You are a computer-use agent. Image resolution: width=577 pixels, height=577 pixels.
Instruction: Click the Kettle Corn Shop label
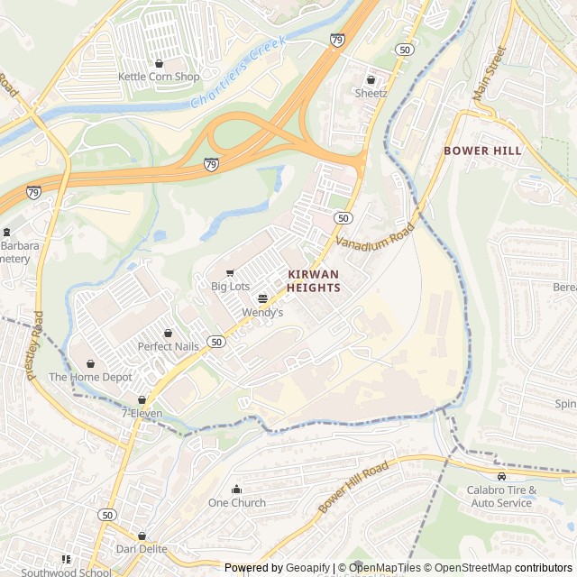coord(159,77)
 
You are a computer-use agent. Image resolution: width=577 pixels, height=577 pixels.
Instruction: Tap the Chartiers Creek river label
coord(238,73)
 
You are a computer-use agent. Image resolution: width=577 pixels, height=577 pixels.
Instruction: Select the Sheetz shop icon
coord(371,79)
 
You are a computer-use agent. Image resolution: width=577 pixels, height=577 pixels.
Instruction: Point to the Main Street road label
coord(498,73)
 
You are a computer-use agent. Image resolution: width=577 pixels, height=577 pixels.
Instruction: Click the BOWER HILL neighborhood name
coord(482,151)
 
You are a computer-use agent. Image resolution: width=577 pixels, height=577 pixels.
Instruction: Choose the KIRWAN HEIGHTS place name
coord(314,280)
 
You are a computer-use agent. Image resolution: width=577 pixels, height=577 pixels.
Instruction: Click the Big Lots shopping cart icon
coord(230,273)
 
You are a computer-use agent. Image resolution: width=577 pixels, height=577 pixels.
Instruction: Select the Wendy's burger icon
coord(262,298)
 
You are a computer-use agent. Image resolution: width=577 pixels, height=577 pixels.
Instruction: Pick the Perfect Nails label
coord(168,346)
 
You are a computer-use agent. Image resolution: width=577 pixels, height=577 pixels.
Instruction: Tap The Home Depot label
coord(90,377)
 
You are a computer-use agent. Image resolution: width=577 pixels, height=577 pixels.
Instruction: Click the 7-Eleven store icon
coord(142,399)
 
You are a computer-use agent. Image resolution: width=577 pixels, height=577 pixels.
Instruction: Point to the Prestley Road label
coord(37,345)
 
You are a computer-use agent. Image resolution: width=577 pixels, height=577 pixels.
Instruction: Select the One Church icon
coord(237,490)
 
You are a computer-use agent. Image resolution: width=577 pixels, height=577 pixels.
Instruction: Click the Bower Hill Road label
coord(353,488)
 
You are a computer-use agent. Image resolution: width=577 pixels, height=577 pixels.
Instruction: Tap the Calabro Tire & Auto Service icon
coord(501,476)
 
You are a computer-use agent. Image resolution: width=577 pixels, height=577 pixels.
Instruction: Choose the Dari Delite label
coord(142,548)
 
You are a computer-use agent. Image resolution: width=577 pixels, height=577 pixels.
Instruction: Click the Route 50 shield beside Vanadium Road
coord(343,218)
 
